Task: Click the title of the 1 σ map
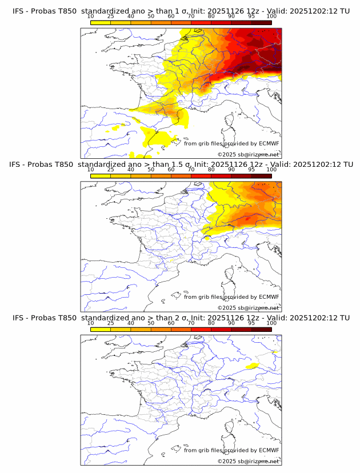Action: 181,11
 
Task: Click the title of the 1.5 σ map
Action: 181,165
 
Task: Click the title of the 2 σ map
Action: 181,318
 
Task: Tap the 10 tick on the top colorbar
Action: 91,17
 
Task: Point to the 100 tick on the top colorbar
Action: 271,17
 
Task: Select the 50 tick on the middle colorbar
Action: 151,170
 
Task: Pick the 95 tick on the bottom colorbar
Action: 251,323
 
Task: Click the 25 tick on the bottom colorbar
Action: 111,323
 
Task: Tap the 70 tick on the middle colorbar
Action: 191,170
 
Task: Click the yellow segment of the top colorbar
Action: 101,22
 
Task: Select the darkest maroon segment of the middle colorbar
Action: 261,176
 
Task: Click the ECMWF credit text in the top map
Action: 231,143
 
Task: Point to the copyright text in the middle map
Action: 248,307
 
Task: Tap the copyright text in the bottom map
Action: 248,461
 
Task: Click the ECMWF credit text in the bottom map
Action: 231,450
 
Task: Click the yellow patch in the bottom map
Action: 251,365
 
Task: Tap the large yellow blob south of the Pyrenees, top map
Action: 159,138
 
